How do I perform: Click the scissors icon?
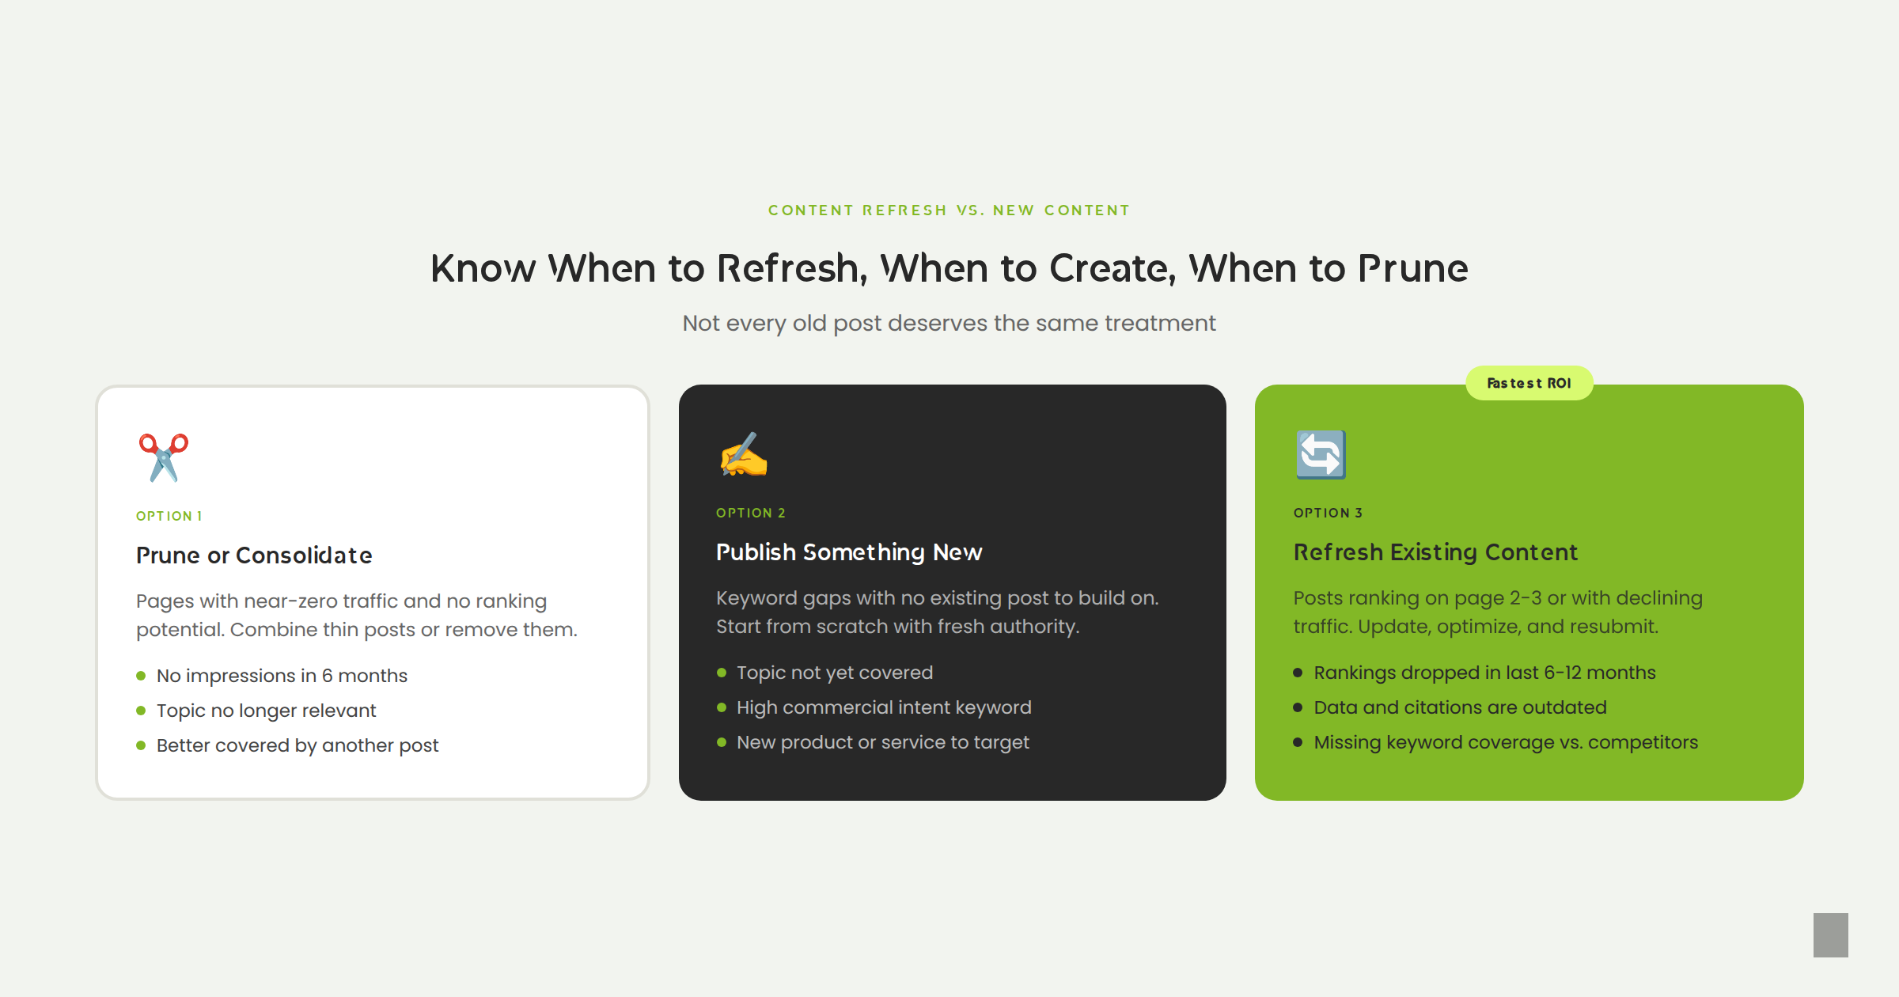pyautogui.click(x=164, y=457)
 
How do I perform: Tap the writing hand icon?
pyautogui.click(x=744, y=455)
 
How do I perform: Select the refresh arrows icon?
pyautogui.click(x=1321, y=455)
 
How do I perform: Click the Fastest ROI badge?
pyautogui.click(x=1529, y=383)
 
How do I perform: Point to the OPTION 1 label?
pyautogui.click(x=169, y=516)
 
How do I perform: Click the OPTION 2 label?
pyautogui.click(x=751, y=513)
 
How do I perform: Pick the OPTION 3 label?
pyautogui.click(x=1329, y=513)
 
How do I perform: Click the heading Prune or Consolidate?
pyautogui.click(x=254, y=555)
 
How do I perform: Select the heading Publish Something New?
pyautogui.click(x=849, y=552)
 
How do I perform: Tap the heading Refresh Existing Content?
pyautogui.click(x=1435, y=552)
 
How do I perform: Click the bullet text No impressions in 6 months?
pyautogui.click(x=282, y=676)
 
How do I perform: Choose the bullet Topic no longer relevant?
pyautogui.click(x=266, y=711)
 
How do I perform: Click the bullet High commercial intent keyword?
pyautogui.click(x=884, y=707)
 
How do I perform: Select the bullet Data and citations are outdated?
pyautogui.click(x=1460, y=707)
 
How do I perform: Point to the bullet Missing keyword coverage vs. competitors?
pyautogui.click(x=1506, y=742)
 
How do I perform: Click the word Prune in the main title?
pyautogui.click(x=1413, y=268)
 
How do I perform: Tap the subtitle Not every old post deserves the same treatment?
pyautogui.click(x=949, y=323)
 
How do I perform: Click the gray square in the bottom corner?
pyautogui.click(x=1831, y=935)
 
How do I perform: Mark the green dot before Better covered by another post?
pyautogui.click(x=141, y=745)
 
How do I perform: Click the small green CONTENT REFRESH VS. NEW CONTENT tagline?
pyautogui.click(x=949, y=210)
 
